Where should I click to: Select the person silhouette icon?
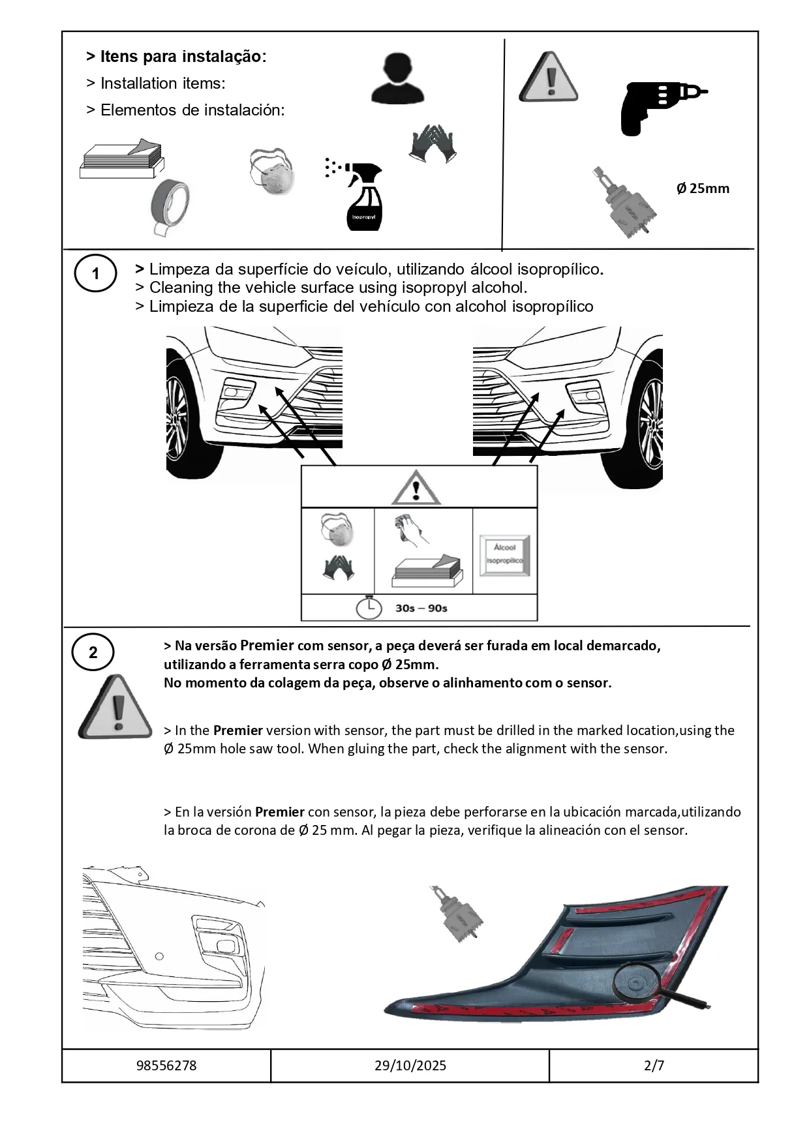397,78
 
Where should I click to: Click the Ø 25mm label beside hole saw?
703,188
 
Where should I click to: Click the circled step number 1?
95,273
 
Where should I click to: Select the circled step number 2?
93,652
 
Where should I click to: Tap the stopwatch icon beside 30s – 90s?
369,607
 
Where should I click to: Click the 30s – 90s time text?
421,608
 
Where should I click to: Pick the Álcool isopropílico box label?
504,555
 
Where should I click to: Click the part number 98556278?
166,1066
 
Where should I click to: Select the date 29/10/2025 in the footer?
410,1066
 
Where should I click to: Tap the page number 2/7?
654,1066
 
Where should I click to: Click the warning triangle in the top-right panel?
548,78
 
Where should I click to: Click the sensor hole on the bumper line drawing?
159,957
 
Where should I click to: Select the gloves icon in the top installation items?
432,143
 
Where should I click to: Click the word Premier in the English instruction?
237,730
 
